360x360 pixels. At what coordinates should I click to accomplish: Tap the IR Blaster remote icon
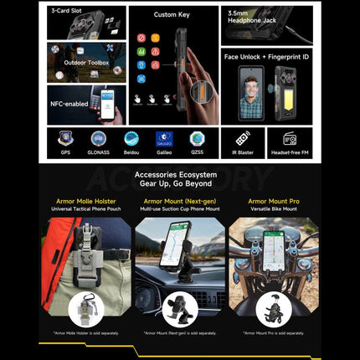243,138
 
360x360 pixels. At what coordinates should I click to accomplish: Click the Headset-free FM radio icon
290,138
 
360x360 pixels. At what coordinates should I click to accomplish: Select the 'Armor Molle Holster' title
86,201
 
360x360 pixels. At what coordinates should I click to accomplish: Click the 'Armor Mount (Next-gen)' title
180,201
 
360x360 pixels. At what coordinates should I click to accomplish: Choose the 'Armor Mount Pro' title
273,201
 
